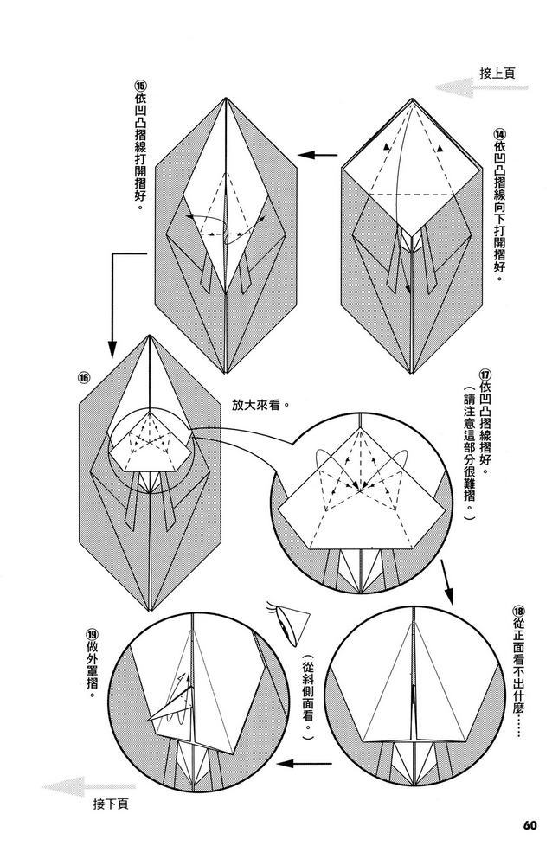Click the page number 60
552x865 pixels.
coord(530,822)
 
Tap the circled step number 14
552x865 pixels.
coord(499,134)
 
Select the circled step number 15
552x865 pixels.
coord(141,86)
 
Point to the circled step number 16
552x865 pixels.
coord(84,377)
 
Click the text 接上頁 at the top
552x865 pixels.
coord(497,74)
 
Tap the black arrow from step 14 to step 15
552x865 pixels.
coord(318,156)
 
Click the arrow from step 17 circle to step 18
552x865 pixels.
coord(448,581)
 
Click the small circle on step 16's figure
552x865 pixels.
coord(149,441)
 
